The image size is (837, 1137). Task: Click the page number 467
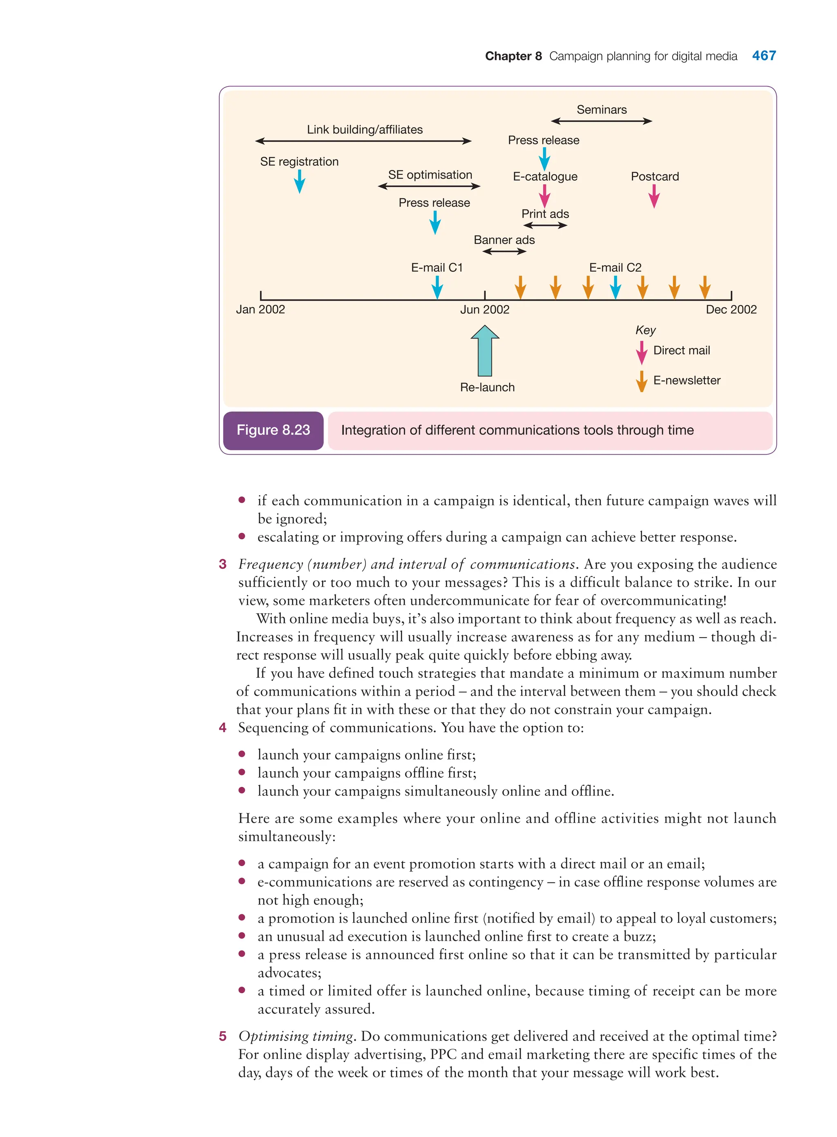tap(763, 56)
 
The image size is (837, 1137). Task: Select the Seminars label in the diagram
tap(602, 109)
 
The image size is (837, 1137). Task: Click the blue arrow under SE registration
tap(300, 181)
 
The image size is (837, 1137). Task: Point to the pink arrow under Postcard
tap(654, 196)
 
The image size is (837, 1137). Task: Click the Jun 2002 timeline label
tap(484, 309)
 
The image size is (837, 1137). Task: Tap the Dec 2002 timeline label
tap(731, 309)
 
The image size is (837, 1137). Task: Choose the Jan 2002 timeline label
tap(260, 309)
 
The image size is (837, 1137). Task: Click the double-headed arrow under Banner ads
tap(504, 252)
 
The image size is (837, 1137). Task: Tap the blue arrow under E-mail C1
tap(437, 288)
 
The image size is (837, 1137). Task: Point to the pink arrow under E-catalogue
tap(545, 196)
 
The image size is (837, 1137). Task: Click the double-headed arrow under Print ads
tap(545, 226)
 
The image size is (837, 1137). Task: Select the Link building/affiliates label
tap(364, 130)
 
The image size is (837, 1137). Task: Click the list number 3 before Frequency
tap(222, 564)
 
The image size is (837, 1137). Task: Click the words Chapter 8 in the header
tap(513, 56)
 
